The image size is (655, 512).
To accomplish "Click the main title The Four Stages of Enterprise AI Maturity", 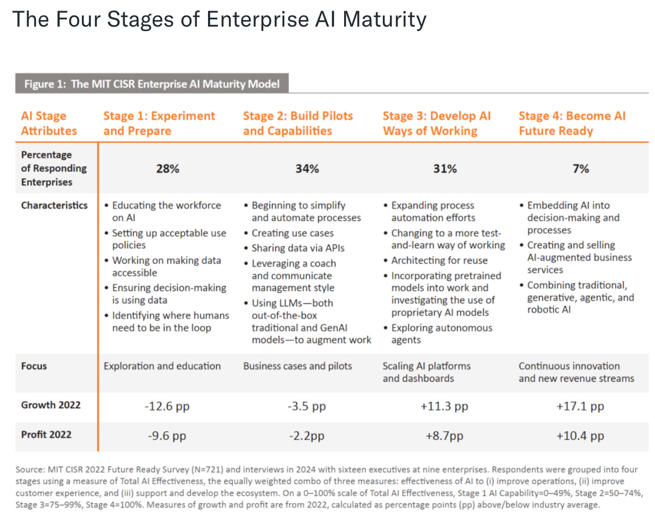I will [219, 20].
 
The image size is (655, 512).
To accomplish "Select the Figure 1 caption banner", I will [152, 84].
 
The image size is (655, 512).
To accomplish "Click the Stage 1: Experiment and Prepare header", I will [159, 124].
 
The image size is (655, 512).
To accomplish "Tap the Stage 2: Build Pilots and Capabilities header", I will [298, 124].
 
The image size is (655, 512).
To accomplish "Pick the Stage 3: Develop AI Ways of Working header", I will [436, 124].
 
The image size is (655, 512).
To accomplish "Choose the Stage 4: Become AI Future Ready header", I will [572, 124].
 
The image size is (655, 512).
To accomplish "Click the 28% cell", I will [168, 168].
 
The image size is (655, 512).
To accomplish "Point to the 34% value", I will [307, 168].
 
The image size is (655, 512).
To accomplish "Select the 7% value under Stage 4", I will [580, 168].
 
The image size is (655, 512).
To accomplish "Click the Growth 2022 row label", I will [51, 405].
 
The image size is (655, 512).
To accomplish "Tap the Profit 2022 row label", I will [46, 434].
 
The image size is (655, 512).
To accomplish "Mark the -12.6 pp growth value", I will [168, 406].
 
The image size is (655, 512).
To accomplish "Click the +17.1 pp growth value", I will [580, 406].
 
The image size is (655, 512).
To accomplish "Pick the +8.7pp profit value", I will [444, 436].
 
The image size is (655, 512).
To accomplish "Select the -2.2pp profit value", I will [306, 436].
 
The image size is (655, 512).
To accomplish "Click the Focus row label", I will [34, 366].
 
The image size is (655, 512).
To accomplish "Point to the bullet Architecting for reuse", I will [439, 260].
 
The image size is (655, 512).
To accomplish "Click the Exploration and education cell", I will [162, 366].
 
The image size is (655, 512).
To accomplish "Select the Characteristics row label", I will [54, 206].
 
